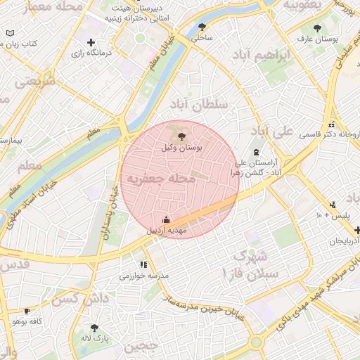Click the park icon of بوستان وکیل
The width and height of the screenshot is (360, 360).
(x=183, y=136)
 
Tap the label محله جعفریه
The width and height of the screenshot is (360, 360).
(x=160, y=179)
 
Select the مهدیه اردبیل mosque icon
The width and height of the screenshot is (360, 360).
(x=166, y=219)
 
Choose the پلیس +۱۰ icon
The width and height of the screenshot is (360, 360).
(x=332, y=205)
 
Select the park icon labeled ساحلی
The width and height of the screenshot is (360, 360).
(x=202, y=27)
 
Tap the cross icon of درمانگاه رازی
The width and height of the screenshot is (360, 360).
(x=91, y=42)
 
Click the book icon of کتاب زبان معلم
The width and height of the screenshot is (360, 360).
(x=9, y=33)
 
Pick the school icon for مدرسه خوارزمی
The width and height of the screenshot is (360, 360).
(x=143, y=264)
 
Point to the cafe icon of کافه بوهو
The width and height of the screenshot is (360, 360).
(x=27, y=310)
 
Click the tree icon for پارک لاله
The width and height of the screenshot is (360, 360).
(x=94, y=327)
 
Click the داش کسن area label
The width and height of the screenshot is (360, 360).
(x=92, y=299)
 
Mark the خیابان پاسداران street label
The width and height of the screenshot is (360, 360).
(x=111, y=211)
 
